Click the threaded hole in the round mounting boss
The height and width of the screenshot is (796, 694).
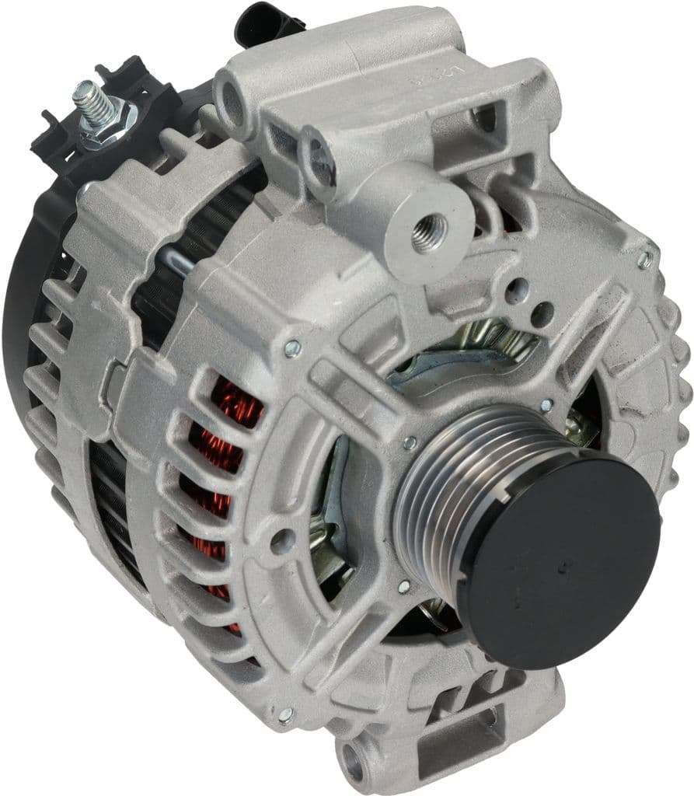428,229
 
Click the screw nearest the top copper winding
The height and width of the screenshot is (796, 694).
293,350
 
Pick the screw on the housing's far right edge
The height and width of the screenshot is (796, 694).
646,259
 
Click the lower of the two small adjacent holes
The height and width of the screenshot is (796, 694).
543,315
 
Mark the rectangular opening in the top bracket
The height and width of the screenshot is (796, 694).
485,117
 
